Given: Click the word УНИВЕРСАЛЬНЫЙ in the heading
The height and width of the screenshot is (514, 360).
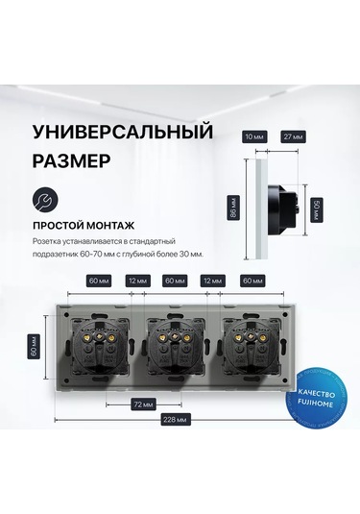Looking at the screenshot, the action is tap(123, 133).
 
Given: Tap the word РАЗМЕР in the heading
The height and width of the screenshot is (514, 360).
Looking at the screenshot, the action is tap(71, 161).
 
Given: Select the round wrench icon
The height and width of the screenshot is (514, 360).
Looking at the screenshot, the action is tap(45, 200).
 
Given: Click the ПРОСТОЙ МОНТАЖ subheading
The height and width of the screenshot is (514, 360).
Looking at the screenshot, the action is tap(84, 226).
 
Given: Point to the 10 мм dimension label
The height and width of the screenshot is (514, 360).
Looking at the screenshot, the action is tap(254, 136).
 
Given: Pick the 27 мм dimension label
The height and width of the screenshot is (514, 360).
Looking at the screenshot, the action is tap(293, 136).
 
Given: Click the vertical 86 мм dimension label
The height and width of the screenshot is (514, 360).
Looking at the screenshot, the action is tap(233, 208).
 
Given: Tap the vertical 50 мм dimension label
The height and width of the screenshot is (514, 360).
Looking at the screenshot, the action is tap(317, 210).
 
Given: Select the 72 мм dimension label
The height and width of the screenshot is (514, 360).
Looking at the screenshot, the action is tap(143, 404).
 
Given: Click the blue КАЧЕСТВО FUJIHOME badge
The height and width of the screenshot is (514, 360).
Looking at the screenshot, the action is tap(316, 399).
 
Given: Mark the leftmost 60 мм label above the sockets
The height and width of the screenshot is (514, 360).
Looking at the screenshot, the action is tap(99, 281).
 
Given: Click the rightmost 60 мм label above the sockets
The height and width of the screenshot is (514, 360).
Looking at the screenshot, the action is tap(252, 281).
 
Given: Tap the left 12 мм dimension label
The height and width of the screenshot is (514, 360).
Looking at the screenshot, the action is tap(138, 281).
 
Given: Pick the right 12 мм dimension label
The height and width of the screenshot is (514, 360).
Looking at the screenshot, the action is tap(212, 281).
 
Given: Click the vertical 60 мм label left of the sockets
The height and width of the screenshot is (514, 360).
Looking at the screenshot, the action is tap(34, 347).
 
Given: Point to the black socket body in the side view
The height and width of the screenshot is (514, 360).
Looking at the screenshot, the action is tap(283, 209).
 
